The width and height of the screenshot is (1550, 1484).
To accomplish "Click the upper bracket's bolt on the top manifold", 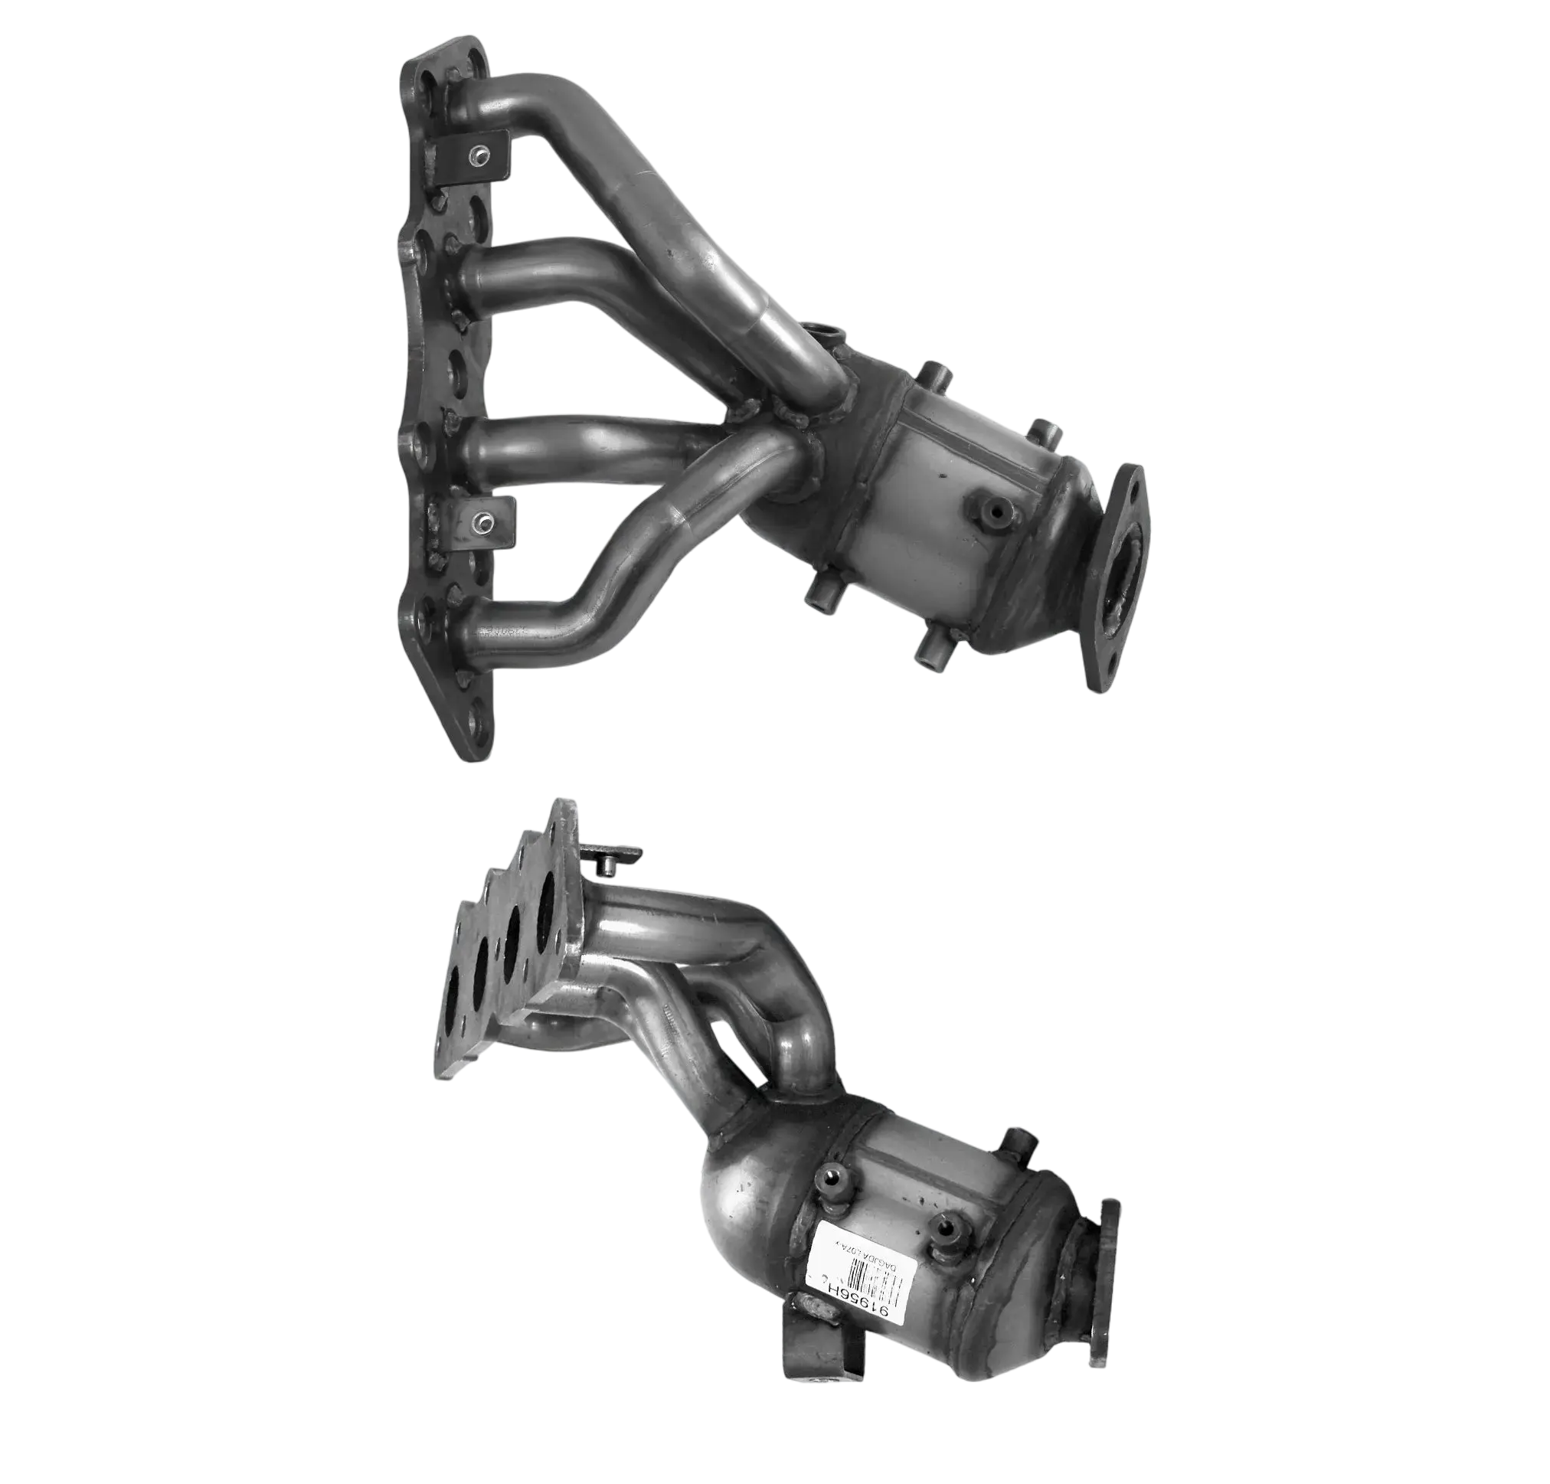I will click(479, 155).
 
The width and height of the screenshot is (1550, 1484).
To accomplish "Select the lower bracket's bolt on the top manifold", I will click(480, 521).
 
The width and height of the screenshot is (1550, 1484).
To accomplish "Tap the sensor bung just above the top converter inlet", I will click(819, 332).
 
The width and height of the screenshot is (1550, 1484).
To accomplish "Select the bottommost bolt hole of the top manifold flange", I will click(476, 723).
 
